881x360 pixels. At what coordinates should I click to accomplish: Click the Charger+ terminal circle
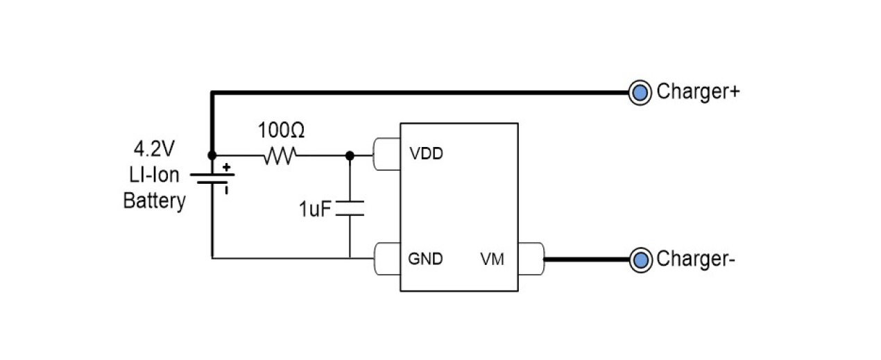640,92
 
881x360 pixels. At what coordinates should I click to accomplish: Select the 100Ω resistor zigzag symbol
280,156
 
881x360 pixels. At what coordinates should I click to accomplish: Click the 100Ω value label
282,130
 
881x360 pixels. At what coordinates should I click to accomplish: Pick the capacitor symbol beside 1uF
350,208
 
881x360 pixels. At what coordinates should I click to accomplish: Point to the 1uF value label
316,209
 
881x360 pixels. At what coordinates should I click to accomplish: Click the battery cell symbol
212,179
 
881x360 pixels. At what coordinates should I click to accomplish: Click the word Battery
154,201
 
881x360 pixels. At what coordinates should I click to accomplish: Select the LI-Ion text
154,175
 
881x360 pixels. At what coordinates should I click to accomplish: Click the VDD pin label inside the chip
426,154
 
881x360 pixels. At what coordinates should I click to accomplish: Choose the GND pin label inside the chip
425,259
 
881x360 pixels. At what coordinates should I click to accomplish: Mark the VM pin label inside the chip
492,259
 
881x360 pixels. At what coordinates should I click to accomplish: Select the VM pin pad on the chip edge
531,258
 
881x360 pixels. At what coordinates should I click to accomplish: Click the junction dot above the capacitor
350,156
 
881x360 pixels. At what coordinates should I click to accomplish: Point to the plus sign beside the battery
226,167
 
